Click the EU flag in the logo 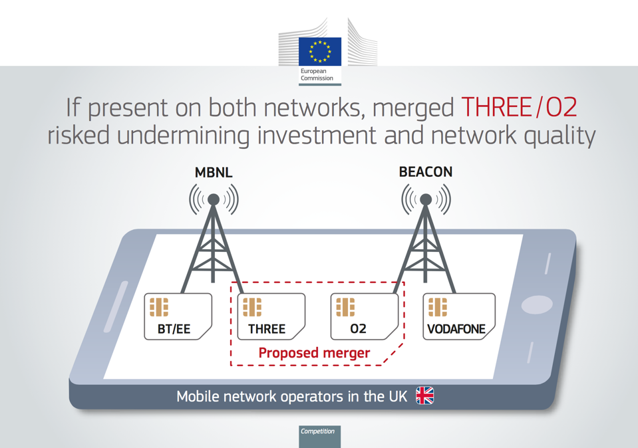pos(320,52)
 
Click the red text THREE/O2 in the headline pos(519,107)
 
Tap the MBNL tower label pos(214,172)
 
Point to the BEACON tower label pos(426,172)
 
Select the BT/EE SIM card pos(178,316)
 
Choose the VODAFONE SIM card pos(459,316)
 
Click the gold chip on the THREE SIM pos(252,307)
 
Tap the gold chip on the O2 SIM pos(345,307)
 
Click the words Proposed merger pos(314,353)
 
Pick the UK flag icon pos(425,395)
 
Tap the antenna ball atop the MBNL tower pos(214,199)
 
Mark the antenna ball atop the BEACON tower pos(426,199)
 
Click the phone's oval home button pos(537,304)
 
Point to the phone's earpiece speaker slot pos(116,306)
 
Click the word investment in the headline pos(317,136)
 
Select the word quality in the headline pos(559,136)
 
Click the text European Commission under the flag pos(317,74)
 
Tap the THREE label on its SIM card pos(267,328)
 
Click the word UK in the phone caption pos(398,396)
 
